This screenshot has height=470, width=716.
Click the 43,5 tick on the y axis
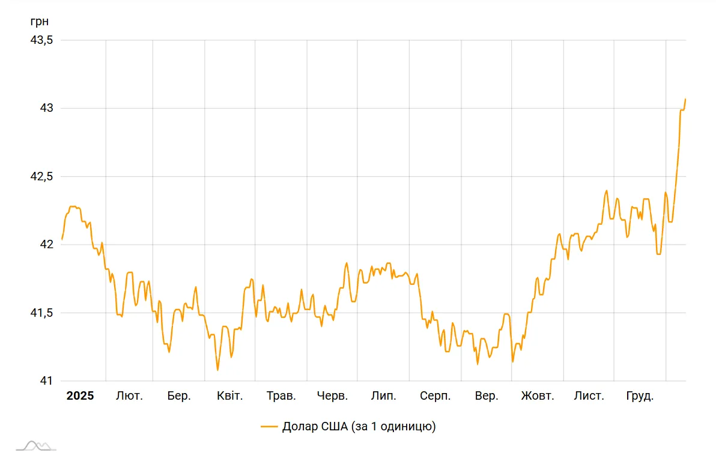click(x=41, y=40)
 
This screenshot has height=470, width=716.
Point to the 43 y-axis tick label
click(x=47, y=108)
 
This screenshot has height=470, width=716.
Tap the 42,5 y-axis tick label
click(x=41, y=177)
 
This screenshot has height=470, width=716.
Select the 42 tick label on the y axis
click(x=47, y=245)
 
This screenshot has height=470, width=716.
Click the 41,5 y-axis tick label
click(x=41, y=313)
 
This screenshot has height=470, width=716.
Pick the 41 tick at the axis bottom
click(x=47, y=381)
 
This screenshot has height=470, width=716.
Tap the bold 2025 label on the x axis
click(x=80, y=396)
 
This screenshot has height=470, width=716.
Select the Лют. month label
click(x=129, y=396)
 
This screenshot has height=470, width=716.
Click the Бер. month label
click(x=179, y=396)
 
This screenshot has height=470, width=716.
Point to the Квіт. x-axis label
click(x=230, y=396)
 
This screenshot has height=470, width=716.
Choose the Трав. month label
click(x=281, y=396)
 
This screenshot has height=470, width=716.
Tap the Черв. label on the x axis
click(x=332, y=396)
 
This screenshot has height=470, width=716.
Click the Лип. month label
click(x=383, y=396)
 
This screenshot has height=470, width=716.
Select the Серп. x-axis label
click(x=435, y=396)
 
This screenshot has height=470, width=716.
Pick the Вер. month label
click(x=487, y=396)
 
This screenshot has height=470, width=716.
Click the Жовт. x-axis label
click(x=538, y=396)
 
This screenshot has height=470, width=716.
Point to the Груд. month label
click(x=640, y=396)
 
